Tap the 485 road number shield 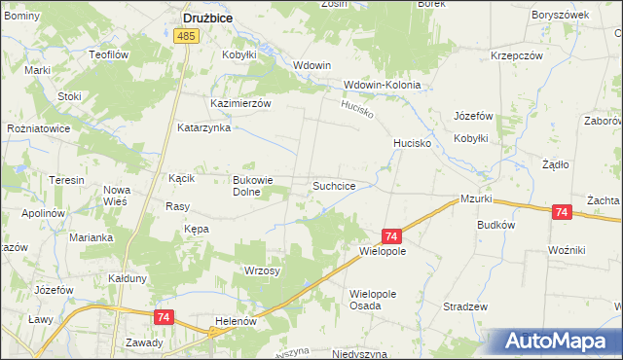[187, 36]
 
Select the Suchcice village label [340, 185]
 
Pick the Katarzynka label [202, 127]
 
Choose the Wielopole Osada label [380, 299]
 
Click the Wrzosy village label [262, 270]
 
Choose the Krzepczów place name [516, 55]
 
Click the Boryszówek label [561, 16]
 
